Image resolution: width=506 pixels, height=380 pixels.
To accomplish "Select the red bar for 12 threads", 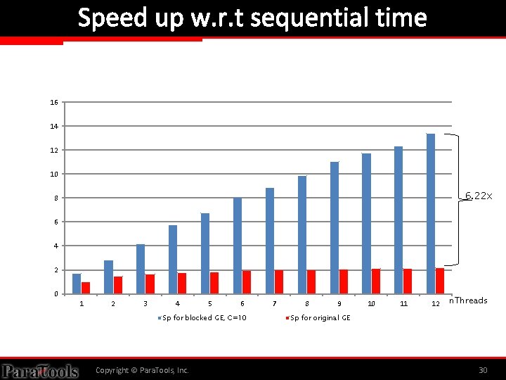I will click(x=439, y=281).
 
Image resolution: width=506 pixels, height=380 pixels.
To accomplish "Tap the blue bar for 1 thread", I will click(x=77, y=284).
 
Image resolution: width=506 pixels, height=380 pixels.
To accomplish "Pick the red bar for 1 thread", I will click(x=86, y=288).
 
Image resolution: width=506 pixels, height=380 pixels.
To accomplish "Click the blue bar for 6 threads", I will click(x=238, y=246).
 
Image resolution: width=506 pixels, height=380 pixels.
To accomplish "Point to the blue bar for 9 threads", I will click(x=335, y=227).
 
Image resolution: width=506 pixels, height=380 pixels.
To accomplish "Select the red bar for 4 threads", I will click(x=182, y=283).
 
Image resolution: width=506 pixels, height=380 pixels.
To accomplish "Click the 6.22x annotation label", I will click(x=478, y=196).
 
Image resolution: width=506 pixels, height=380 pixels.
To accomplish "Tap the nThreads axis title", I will click(x=467, y=300).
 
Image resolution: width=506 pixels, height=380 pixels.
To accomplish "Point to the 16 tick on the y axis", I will click(x=54, y=103).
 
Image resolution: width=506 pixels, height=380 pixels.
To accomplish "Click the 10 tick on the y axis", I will click(x=54, y=175).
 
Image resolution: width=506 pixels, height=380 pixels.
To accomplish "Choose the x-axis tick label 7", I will click(x=275, y=304).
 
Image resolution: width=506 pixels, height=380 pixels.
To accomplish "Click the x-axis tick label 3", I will click(x=145, y=304).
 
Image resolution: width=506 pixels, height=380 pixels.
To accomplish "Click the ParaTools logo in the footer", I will click(x=39, y=370).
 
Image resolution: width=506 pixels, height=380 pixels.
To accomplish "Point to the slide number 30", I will click(x=482, y=370).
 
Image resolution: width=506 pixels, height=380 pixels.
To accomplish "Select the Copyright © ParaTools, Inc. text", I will click(x=142, y=370).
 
